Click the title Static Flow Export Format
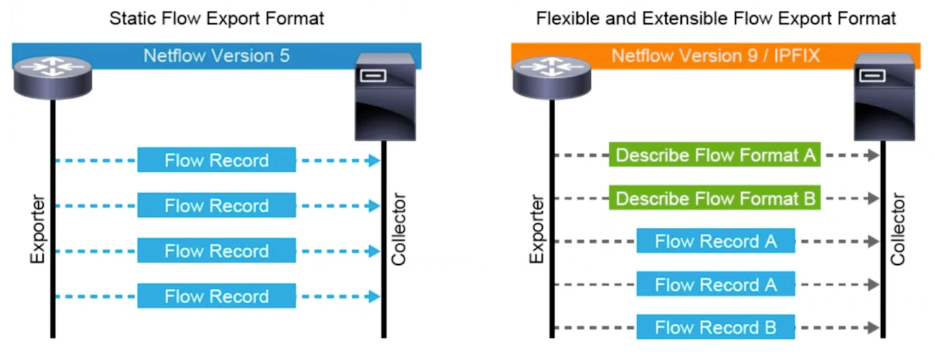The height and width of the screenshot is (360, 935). pyautogui.click(x=216, y=18)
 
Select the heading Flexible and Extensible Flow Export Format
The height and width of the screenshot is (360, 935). pyautogui.click(x=716, y=18)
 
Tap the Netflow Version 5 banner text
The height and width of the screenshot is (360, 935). pyautogui.click(x=216, y=55)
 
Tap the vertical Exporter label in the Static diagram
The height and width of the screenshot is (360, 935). pyautogui.click(x=38, y=231)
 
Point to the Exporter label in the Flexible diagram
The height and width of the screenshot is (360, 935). pyautogui.click(x=537, y=231)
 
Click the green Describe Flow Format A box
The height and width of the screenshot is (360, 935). pyautogui.click(x=715, y=155)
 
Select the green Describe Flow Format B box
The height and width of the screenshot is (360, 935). pyautogui.click(x=715, y=198)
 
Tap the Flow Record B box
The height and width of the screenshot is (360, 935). pyautogui.click(x=715, y=327)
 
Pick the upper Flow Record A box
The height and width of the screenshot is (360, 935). pyautogui.click(x=715, y=241)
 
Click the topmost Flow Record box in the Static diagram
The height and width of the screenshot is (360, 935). pyautogui.click(x=216, y=160)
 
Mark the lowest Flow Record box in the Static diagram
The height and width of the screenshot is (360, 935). pyautogui.click(x=216, y=296)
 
